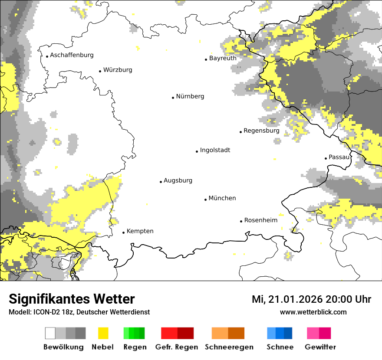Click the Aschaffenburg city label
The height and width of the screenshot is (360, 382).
[72, 55]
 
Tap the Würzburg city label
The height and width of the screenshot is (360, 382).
[118, 70]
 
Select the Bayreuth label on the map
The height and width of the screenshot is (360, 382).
[223, 58]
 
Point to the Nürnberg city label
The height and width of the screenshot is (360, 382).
[190, 96]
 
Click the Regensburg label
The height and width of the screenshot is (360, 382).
[261, 131]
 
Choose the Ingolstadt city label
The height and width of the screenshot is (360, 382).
[215, 150]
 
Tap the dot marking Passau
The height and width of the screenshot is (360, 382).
[326, 158]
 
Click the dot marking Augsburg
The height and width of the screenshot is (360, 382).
[161, 182]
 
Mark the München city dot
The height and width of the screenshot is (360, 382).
[205, 200]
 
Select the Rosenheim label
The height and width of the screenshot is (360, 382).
[260, 220]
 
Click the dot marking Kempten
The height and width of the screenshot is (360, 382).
[123, 232]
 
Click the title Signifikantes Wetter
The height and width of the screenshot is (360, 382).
[72, 299]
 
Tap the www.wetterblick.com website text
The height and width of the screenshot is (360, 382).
[313, 312]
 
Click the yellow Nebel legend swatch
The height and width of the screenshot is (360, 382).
[103, 333]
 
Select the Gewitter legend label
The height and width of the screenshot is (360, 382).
[320, 347]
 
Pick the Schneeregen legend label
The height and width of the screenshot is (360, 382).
[229, 347]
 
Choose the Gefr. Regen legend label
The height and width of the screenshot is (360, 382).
[177, 347]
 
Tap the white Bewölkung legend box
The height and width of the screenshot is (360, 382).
[50, 333]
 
